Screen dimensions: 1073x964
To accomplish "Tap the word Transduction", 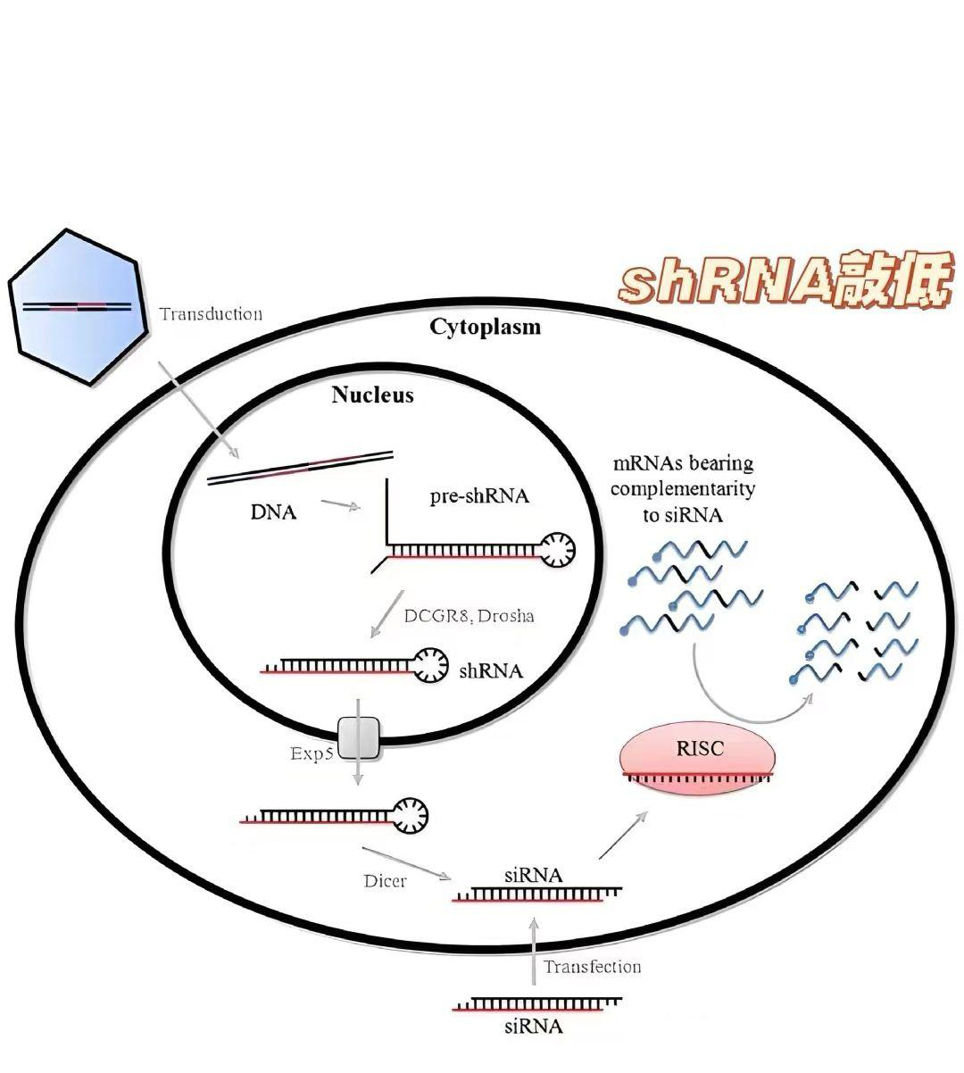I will tap(211, 313).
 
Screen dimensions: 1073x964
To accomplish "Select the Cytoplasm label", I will tap(485, 327).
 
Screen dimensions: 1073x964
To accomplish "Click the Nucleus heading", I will tap(372, 395).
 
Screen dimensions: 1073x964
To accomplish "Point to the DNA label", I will tap(273, 512).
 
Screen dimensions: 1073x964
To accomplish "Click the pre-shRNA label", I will tap(479, 495).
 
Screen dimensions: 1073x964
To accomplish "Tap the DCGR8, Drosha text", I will tap(469, 615).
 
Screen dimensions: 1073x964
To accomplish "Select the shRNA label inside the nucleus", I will tap(491, 671).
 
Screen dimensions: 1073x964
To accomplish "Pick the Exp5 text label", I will tap(312, 753).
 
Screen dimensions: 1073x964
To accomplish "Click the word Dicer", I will tap(385, 881).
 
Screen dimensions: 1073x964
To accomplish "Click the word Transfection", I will tap(592, 967).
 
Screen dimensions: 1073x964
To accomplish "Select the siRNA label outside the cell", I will tap(533, 1027).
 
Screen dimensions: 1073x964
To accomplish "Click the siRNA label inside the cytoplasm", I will tap(533, 875).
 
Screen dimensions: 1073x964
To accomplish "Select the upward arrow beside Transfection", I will tap(534, 951).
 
